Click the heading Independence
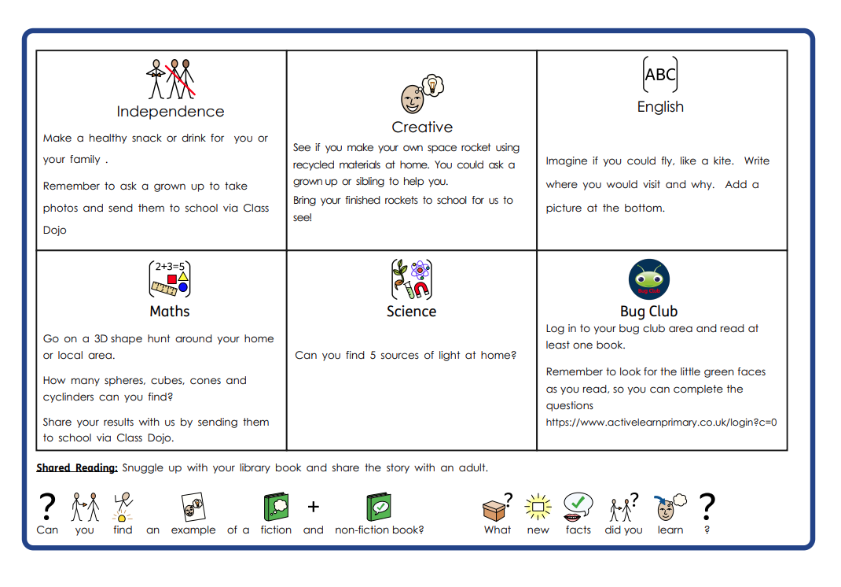click(171, 112)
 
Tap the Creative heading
click(422, 127)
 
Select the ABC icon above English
click(660, 75)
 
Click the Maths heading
click(170, 312)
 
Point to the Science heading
click(411, 312)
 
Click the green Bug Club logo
click(648, 279)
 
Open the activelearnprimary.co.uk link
click(661, 423)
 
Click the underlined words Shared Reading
click(77, 468)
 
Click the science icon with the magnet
click(411, 279)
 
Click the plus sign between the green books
click(313, 508)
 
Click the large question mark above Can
click(47, 506)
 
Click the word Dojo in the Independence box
click(55, 231)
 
